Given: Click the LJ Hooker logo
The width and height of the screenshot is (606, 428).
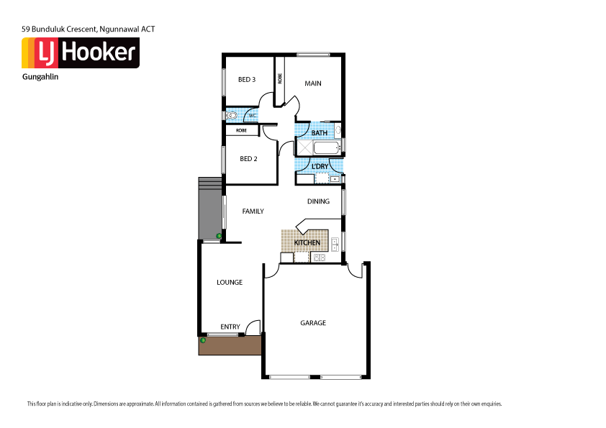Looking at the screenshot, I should click(80, 53).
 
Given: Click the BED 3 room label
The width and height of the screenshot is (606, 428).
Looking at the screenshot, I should click(247, 80).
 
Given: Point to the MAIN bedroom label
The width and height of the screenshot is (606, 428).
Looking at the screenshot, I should click(313, 83).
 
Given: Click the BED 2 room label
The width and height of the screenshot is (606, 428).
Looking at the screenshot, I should click(248, 159).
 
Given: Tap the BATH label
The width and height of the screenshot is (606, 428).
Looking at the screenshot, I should click(320, 133).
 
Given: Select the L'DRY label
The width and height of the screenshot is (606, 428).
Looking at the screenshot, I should click(320, 167).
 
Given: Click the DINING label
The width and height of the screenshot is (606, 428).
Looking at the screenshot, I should click(318, 201).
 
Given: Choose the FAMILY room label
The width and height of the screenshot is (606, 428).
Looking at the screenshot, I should click(253, 211).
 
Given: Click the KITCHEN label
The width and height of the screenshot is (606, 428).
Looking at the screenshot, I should click(307, 243).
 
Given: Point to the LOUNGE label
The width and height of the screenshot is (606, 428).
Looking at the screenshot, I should click(230, 283).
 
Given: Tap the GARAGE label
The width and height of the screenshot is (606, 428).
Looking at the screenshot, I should click(313, 323).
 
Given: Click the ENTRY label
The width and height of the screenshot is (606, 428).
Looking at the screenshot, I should click(230, 327).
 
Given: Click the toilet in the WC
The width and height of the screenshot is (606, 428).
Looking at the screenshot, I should click(232, 115).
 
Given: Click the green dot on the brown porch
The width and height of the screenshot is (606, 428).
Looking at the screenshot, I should click(203, 340).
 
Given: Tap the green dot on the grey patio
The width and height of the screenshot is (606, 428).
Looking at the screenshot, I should click(220, 235).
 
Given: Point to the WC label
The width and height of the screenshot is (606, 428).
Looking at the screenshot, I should click(252, 116).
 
